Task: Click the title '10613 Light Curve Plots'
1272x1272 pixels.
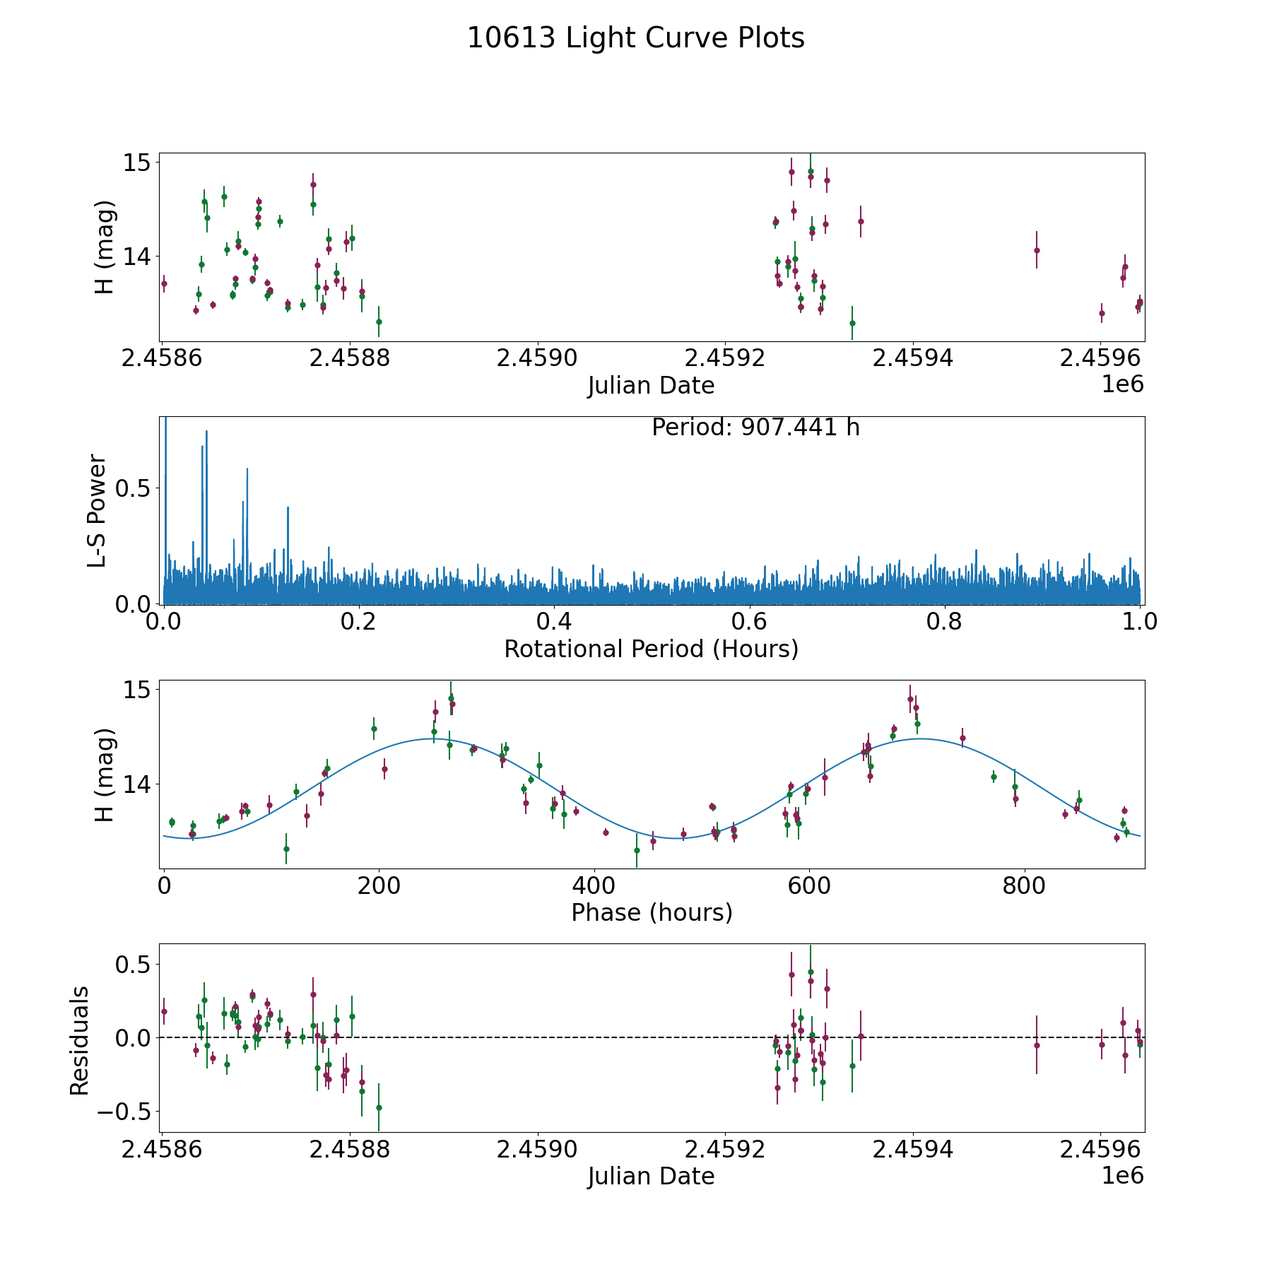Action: [636, 38]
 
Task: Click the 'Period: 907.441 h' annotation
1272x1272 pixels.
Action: [755, 428]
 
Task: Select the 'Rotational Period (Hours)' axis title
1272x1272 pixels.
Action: [651, 649]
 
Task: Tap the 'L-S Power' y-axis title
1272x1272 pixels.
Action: [98, 510]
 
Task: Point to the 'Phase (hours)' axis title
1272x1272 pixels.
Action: [652, 912]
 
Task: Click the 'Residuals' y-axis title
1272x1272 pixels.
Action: [79, 1040]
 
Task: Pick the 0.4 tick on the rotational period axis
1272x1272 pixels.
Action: [554, 622]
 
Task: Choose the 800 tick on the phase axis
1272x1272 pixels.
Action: [1023, 885]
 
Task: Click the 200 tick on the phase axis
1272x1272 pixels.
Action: [379, 885]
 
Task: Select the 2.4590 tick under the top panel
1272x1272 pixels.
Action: [537, 358]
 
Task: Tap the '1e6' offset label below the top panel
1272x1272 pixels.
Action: [1122, 384]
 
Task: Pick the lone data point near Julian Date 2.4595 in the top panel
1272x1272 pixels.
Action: [1037, 250]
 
